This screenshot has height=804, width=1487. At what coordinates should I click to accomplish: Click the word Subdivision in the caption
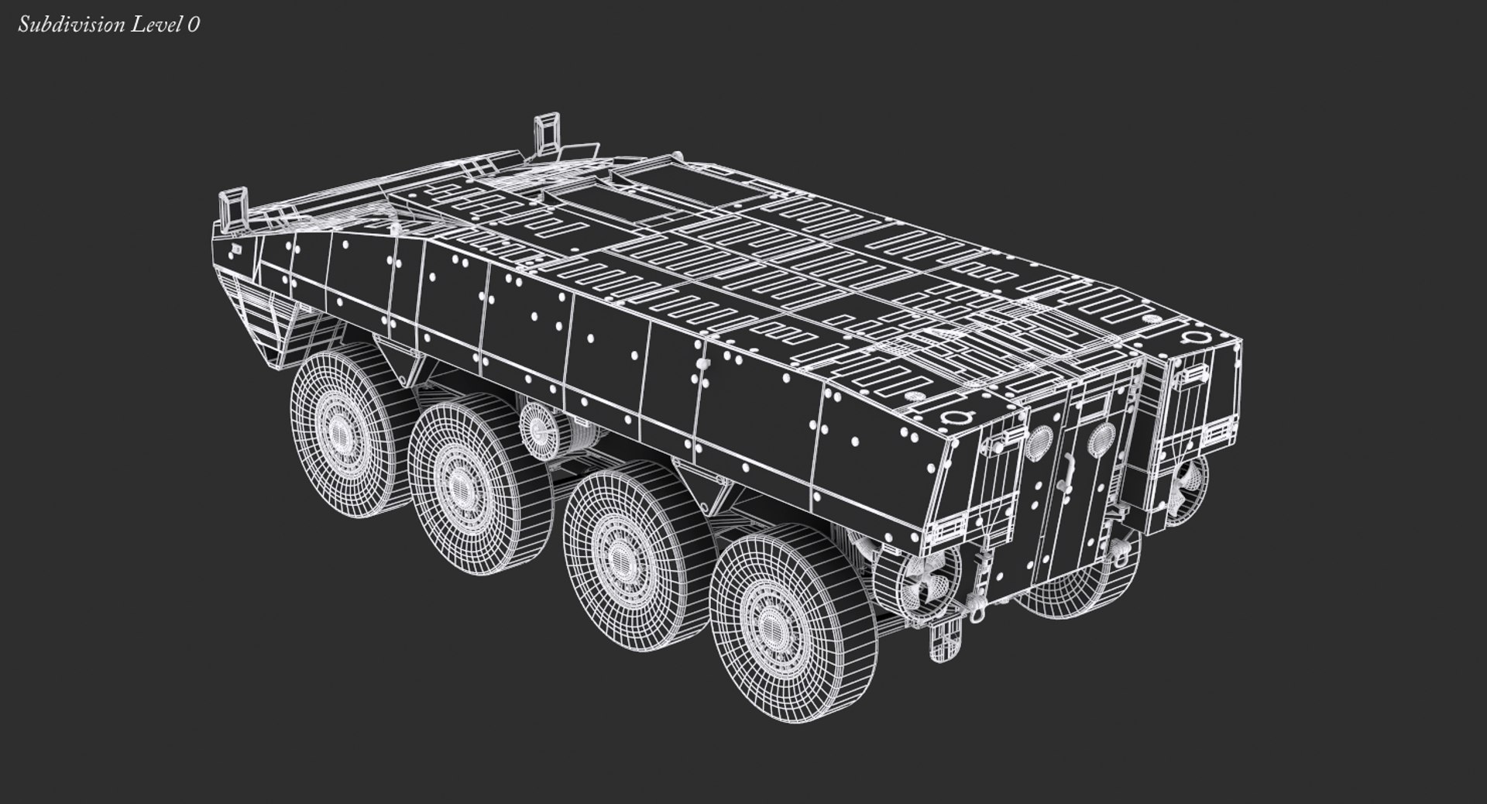[x=70, y=25]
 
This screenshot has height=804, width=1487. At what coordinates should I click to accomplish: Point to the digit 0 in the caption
[x=193, y=25]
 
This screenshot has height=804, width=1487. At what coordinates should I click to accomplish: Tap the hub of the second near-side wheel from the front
[x=457, y=485]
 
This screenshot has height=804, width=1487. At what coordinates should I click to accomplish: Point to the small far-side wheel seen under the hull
[x=534, y=424]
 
